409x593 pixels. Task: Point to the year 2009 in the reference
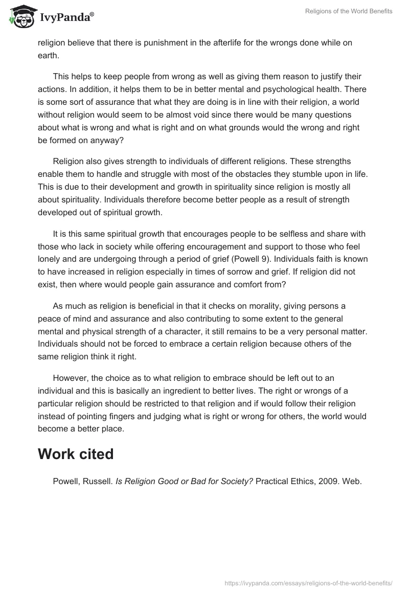pyautogui.click(x=328, y=481)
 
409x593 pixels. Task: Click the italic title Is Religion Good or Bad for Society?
pyautogui.click(x=184, y=481)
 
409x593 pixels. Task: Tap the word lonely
pyautogui.click(x=50, y=259)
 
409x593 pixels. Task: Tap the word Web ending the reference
pyautogui.click(x=352, y=481)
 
